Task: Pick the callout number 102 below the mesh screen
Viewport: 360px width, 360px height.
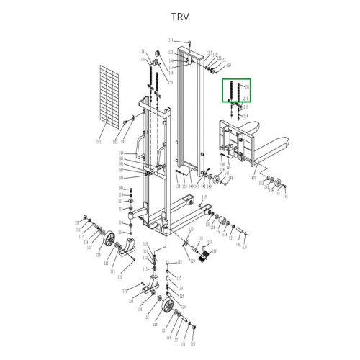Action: [114, 142]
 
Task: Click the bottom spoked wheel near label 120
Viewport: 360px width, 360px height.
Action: [169, 306]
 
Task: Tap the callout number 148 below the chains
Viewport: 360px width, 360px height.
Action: [246, 116]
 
